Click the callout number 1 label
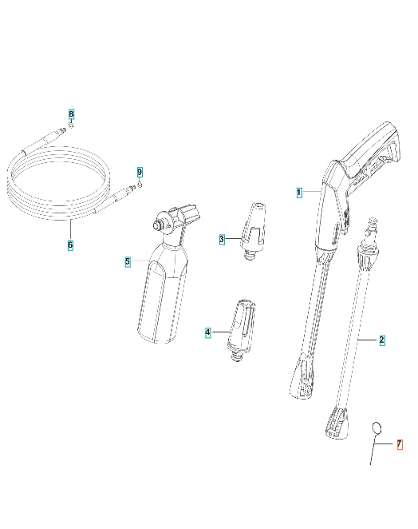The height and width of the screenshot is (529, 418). click(299, 193)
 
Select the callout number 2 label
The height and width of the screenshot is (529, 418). click(381, 340)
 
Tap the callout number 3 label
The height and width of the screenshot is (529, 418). click(223, 239)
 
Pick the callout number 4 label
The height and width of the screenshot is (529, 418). click(208, 332)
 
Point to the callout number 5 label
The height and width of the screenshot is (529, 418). click(127, 261)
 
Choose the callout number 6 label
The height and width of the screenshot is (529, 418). click(70, 245)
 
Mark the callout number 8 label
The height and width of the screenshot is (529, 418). click(70, 114)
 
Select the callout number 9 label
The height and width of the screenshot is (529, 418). click(140, 173)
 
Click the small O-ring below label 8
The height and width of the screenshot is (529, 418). click(71, 125)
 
